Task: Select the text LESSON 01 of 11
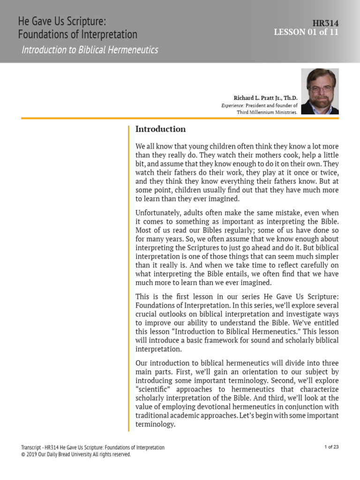(x=306, y=32)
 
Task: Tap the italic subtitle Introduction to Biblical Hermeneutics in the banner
(x=90, y=50)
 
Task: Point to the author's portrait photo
(x=320, y=91)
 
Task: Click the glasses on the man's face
(x=320, y=88)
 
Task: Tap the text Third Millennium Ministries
(x=267, y=113)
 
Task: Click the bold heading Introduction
(x=160, y=129)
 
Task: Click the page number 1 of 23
(x=331, y=447)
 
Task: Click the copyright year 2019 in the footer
(x=32, y=454)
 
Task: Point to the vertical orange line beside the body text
(x=128, y=277)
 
